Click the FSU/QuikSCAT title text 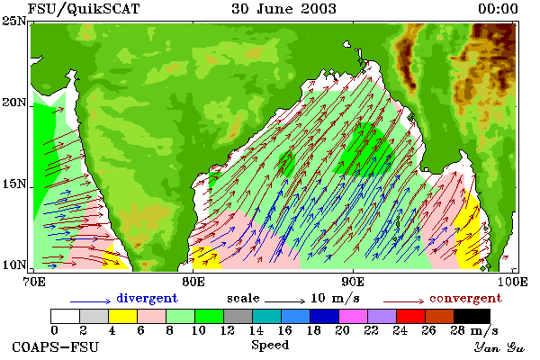[x=84, y=9]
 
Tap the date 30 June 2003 [x=283, y=9]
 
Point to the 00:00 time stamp [x=498, y=9]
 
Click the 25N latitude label [x=13, y=21]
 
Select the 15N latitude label [x=13, y=184]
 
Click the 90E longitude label [x=353, y=282]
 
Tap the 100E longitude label [x=513, y=282]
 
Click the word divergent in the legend [x=147, y=298]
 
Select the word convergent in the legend [x=465, y=298]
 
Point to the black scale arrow [x=284, y=301]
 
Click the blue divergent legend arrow [x=90, y=301]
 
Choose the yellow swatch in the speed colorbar [x=122, y=316]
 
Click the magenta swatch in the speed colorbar [x=353, y=316]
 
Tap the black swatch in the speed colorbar [x=472, y=316]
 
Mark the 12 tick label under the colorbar [x=228, y=330]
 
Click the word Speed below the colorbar [x=270, y=346]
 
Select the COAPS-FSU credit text [x=56, y=346]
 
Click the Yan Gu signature [x=499, y=347]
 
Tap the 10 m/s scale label [x=335, y=298]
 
